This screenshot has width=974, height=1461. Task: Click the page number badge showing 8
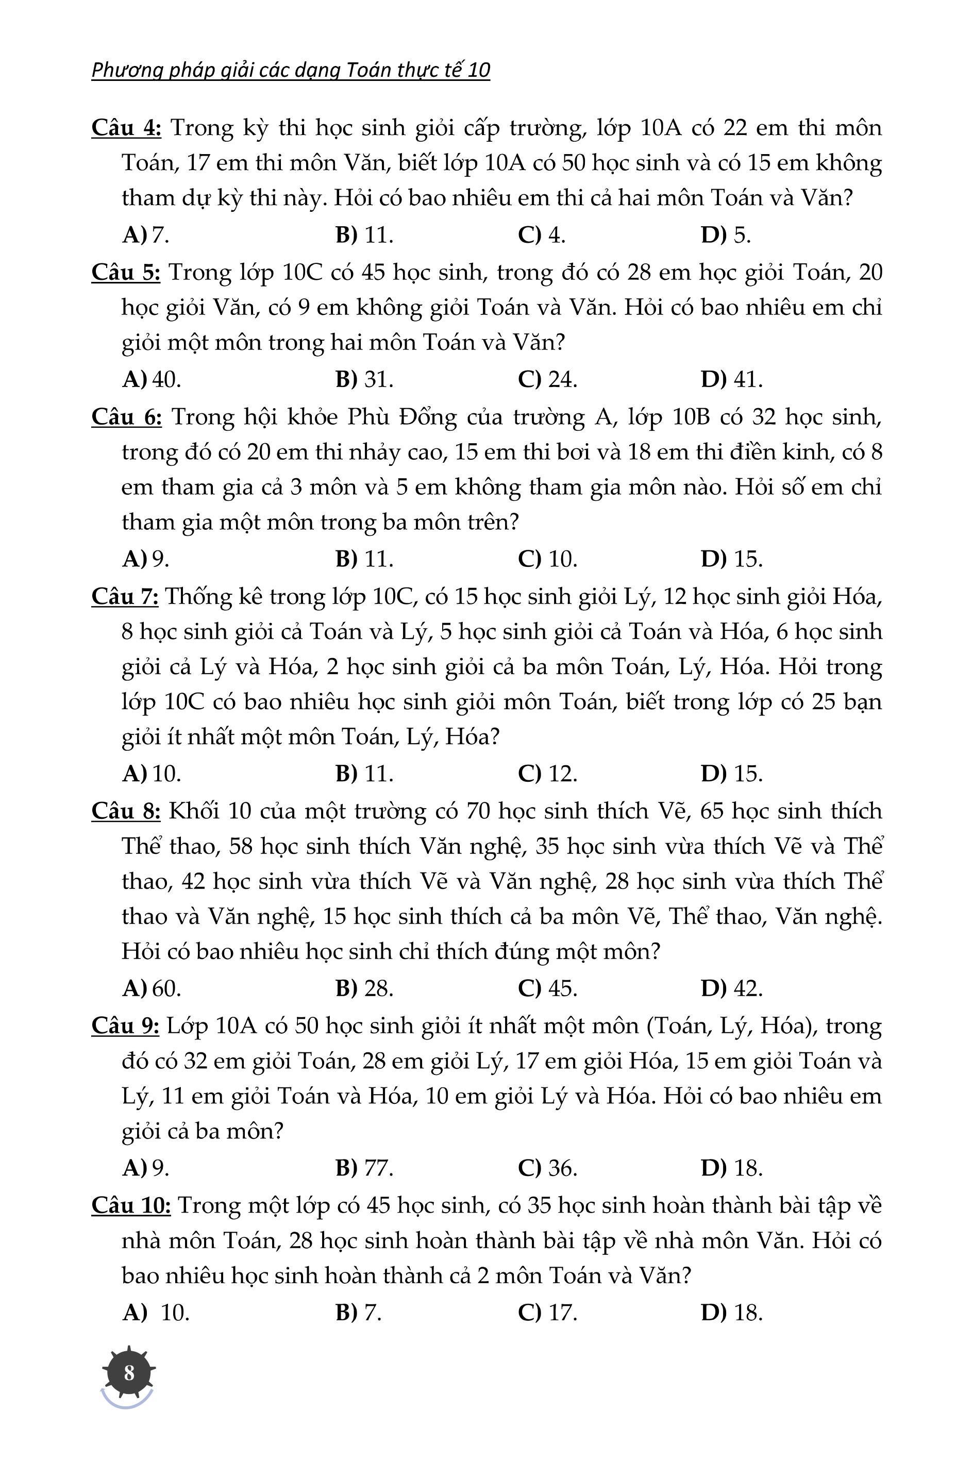tap(129, 1372)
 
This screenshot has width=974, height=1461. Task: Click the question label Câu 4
tap(126, 127)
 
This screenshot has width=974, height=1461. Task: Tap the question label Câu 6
tap(126, 417)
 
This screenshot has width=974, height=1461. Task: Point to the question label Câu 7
tap(125, 596)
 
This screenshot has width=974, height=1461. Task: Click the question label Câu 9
tap(125, 1026)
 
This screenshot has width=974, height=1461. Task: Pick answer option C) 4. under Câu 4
tap(541, 235)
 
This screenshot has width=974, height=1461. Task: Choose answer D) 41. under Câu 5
tap(731, 379)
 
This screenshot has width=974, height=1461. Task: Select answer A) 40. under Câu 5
tap(152, 379)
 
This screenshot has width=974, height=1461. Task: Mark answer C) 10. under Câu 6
tap(547, 559)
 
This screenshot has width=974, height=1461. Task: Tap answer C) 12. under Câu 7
tap(547, 774)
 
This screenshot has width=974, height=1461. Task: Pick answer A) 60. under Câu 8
tap(152, 988)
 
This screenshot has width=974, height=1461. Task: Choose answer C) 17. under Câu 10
tap(547, 1313)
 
